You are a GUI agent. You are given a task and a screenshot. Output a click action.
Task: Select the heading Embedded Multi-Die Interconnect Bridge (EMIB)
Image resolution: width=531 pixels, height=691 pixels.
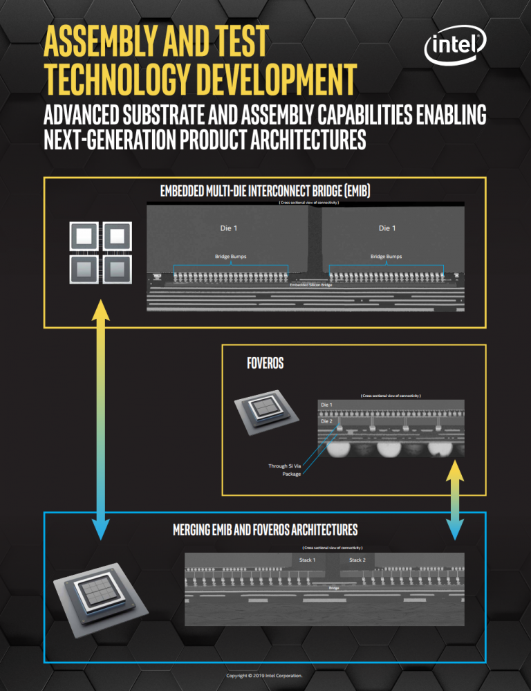265,190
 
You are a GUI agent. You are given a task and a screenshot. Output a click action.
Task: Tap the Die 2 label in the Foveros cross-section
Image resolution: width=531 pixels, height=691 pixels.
326,421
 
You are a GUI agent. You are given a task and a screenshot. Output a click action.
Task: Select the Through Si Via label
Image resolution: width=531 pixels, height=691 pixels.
284,466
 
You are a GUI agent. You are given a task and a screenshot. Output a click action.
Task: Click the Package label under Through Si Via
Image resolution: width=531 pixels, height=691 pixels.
291,475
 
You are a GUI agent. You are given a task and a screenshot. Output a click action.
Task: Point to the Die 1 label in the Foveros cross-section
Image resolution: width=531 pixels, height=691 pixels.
326,403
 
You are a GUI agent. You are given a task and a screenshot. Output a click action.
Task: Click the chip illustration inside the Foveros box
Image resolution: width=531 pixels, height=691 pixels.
265,413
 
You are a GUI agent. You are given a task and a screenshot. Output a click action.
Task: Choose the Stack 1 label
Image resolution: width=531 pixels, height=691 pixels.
307,560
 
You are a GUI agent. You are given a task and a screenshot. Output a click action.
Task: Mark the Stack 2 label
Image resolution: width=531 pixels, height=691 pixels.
357,560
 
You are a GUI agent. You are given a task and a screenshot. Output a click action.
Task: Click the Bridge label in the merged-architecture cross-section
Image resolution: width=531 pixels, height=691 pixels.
334,588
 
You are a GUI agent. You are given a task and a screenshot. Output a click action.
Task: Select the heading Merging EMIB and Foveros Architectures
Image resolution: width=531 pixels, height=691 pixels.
265,531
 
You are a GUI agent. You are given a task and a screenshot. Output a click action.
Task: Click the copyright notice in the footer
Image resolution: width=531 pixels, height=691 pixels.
265,675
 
